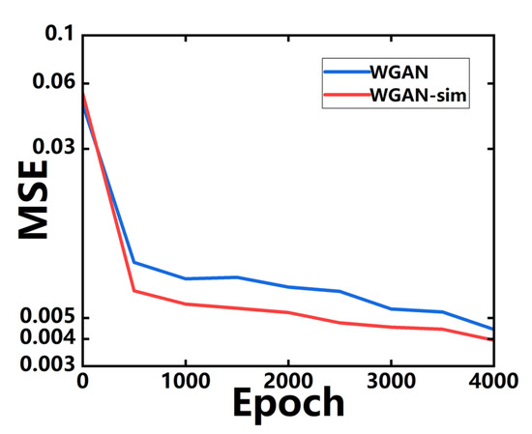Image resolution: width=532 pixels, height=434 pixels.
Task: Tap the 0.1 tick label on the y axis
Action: [59, 36]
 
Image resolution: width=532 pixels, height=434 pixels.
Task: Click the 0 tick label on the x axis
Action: [83, 380]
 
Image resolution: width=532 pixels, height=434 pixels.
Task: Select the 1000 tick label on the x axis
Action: [185, 380]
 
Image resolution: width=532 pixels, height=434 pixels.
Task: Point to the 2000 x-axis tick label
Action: [288, 380]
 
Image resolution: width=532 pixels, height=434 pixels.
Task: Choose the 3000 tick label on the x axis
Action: [391, 380]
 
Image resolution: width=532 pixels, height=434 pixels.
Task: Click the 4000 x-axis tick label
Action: [491, 380]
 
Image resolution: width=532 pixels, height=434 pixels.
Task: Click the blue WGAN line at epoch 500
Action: [133, 262]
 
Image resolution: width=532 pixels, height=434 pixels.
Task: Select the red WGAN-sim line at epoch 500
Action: [133, 290]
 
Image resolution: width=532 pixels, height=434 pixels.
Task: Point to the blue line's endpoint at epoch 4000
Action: [493, 330]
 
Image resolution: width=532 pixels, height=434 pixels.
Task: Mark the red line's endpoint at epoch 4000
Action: [493, 339]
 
